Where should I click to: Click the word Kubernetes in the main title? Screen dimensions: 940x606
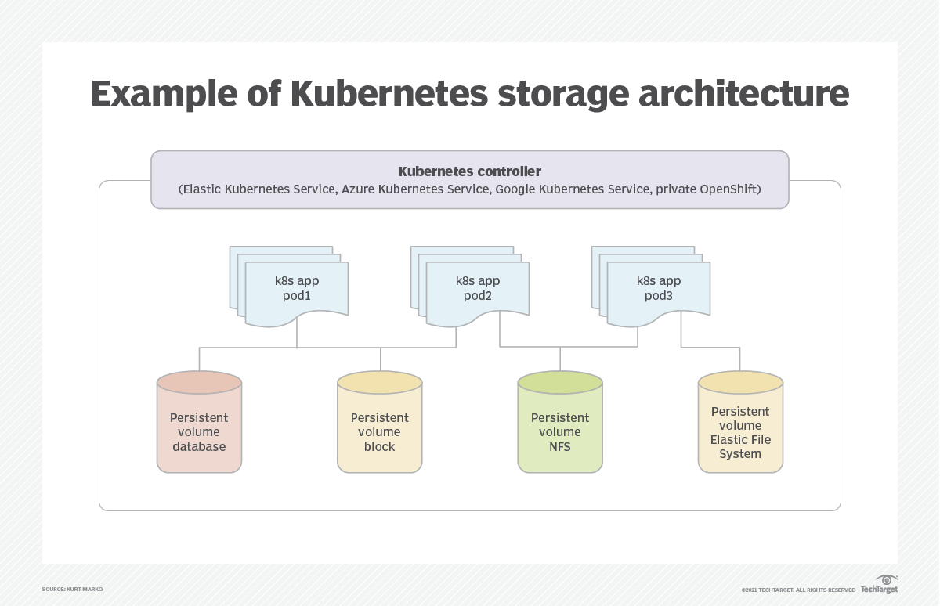coord(389,93)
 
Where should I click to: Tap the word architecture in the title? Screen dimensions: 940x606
coord(743,93)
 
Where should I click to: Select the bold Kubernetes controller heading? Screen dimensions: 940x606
coord(469,171)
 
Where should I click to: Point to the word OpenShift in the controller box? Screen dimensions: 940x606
coord(728,189)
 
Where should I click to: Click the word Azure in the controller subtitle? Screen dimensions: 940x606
coord(358,189)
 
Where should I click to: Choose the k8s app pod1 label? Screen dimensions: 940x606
coord(297,288)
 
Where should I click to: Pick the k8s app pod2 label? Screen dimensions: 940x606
coord(478,288)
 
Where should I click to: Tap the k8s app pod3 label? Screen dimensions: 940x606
coord(659,288)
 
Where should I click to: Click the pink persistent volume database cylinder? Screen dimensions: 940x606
coord(199,422)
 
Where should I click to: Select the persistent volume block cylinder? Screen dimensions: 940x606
coord(380,422)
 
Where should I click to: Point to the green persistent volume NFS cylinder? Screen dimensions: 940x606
coord(560,422)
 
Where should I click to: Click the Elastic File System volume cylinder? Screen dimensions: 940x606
coord(741,422)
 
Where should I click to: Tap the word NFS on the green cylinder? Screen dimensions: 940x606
coord(560,446)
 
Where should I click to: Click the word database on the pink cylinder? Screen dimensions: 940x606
coord(199,446)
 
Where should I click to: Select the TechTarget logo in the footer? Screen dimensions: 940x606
coord(879,585)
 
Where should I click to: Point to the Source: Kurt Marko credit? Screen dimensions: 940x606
coord(72,590)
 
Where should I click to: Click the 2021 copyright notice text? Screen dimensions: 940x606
coord(798,590)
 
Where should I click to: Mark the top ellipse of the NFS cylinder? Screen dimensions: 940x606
coord(560,382)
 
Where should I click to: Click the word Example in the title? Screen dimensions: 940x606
coord(164,93)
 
